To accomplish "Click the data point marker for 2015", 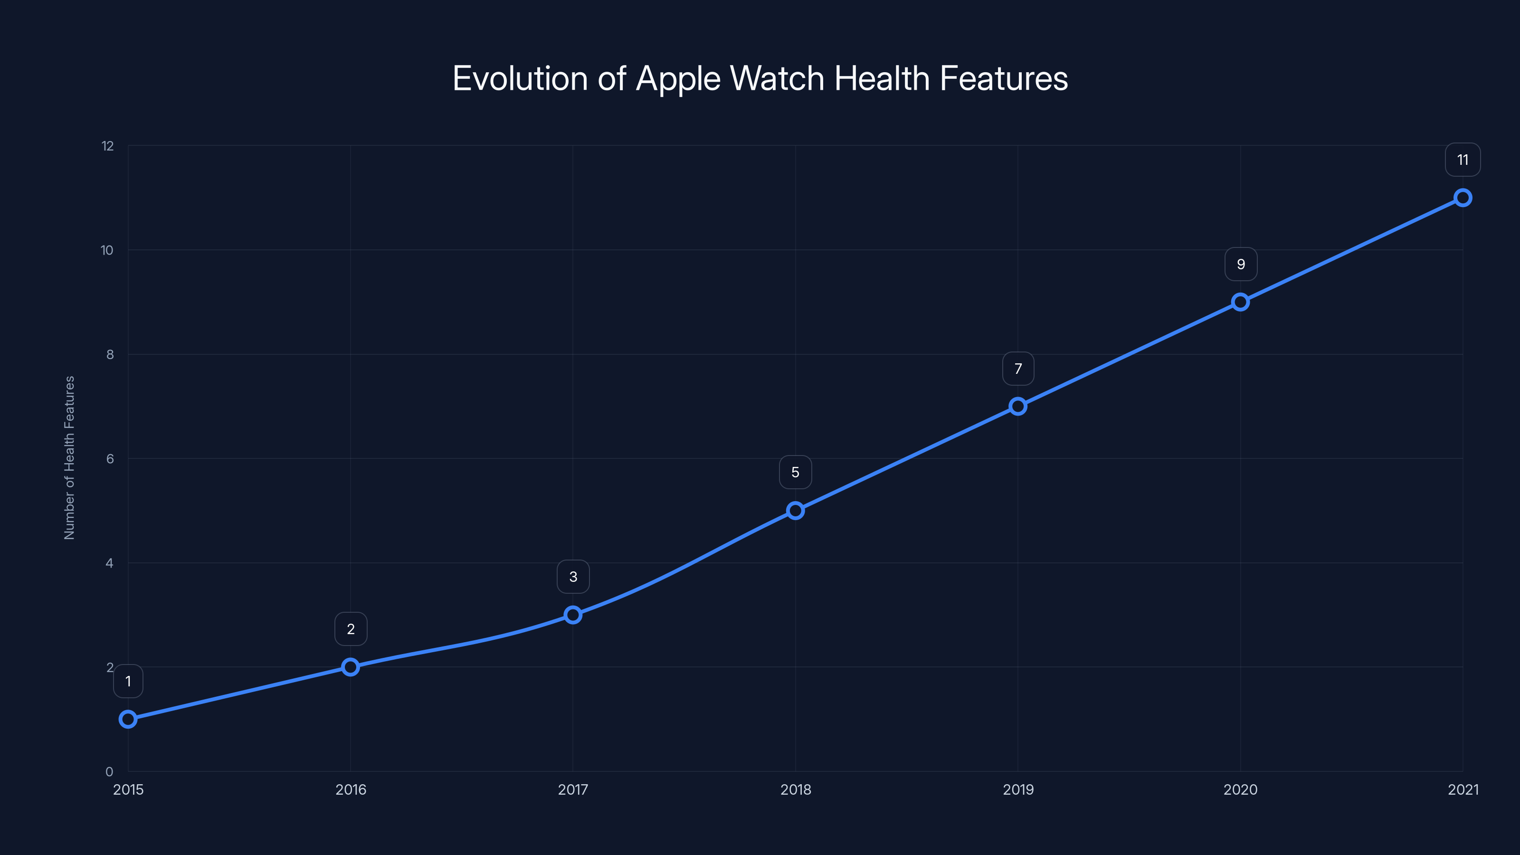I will point(128,719).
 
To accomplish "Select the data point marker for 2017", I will point(573,615).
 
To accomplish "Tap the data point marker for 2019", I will point(1018,406).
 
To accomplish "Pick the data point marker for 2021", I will point(1463,198).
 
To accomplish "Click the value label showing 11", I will point(1463,160).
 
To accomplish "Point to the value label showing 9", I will point(1241,265).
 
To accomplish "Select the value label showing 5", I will point(796,473).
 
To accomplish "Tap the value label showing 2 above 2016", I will point(351,629).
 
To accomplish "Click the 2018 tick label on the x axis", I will point(796,789).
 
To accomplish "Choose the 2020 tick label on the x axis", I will point(1240,789).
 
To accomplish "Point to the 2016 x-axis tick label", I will point(351,789).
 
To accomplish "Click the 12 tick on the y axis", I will point(107,146).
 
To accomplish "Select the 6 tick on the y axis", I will point(110,458).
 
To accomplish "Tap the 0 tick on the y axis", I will point(109,772).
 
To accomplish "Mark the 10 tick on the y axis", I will point(107,250).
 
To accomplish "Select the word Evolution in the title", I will point(520,78).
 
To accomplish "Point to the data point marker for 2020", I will point(1240,302).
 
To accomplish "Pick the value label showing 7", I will point(1018,369).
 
